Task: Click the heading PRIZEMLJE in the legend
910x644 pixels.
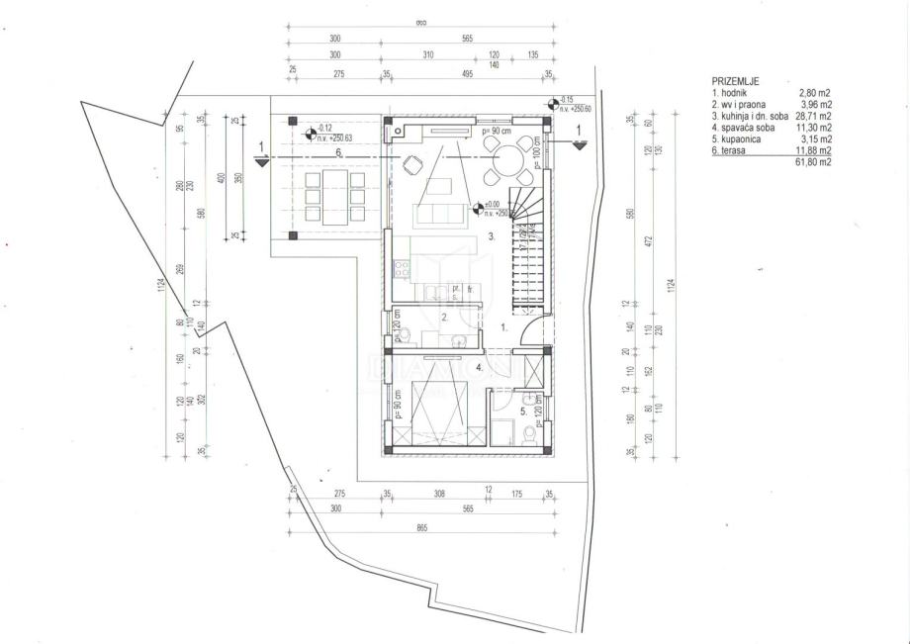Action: pyautogui.click(x=736, y=80)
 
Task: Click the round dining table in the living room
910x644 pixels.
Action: pyautogui.click(x=503, y=158)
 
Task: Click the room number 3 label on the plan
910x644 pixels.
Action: pyautogui.click(x=492, y=236)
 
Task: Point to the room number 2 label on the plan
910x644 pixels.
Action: pyautogui.click(x=445, y=318)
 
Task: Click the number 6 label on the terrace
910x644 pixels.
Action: pyautogui.click(x=337, y=152)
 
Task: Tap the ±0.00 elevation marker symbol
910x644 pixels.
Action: pyautogui.click(x=479, y=209)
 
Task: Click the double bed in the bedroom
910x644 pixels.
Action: pyautogui.click(x=436, y=401)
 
